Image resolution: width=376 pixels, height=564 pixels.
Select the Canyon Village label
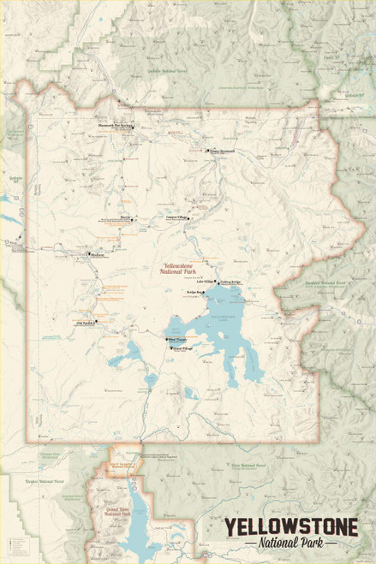coord(176,217)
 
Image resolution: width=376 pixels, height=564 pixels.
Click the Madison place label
coord(97,252)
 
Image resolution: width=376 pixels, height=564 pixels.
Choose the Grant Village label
coord(182,348)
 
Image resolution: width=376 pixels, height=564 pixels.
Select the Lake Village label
coord(206,281)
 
